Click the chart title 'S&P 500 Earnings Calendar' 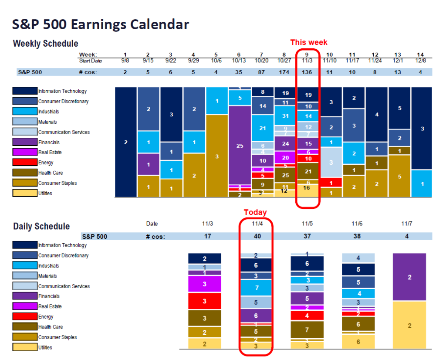(x=101, y=24)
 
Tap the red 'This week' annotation (x=308, y=42)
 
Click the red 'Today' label (x=255, y=212)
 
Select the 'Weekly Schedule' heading (x=46, y=44)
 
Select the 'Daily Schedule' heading (x=41, y=226)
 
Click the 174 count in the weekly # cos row (x=285, y=72)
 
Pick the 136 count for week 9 (x=308, y=72)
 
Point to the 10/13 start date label (x=240, y=61)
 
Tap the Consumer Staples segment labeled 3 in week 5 (x=216, y=156)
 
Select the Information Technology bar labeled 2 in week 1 (x=126, y=142)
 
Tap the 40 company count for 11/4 (x=256, y=236)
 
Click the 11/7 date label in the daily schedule (x=406, y=223)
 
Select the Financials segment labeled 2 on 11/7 (x=409, y=277)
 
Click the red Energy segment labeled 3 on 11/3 (x=205, y=301)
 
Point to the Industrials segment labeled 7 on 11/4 (x=256, y=288)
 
